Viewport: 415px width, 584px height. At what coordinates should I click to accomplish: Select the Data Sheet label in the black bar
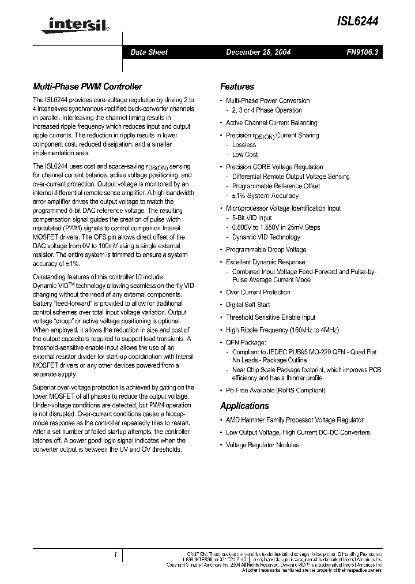pyautogui.click(x=149, y=52)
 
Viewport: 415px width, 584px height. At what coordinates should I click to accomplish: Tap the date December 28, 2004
pyautogui.click(x=258, y=52)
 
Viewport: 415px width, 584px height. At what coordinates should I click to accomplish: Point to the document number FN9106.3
pyautogui.click(x=362, y=52)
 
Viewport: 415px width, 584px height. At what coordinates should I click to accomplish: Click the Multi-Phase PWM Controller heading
pyautogui.click(x=87, y=87)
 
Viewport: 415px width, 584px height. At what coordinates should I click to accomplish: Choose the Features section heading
pyautogui.click(x=237, y=87)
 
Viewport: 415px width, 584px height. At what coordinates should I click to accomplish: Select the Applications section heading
pyautogui.click(x=244, y=406)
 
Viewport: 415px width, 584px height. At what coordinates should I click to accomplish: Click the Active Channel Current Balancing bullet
pyautogui.click(x=271, y=122)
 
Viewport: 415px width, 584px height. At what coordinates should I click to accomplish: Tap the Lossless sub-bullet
pyautogui.click(x=244, y=145)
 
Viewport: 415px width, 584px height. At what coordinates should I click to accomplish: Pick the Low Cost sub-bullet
pyautogui.click(x=245, y=154)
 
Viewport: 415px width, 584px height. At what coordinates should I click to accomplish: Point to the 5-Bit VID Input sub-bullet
pyautogui.click(x=252, y=218)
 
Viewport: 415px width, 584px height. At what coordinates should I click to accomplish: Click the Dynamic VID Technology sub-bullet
pyautogui.click(x=266, y=237)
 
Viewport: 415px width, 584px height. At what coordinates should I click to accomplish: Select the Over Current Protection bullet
pyautogui.click(x=258, y=292)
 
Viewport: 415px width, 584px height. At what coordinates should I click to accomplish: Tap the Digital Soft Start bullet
pyautogui.click(x=248, y=305)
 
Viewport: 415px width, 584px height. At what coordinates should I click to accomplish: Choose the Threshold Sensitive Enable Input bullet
pyautogui.click(x=270, y=317)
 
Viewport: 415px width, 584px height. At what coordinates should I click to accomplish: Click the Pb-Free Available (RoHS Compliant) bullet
pyautogui.click(x=276, y=390)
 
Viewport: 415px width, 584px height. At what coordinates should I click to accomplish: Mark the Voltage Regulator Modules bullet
pyautogui.click(x=262, y=445)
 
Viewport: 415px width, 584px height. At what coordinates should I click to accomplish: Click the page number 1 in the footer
pyautogui.click(x=116, y=555)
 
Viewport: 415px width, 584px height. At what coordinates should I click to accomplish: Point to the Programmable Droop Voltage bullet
pyautogui.click(x=266, y=249)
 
